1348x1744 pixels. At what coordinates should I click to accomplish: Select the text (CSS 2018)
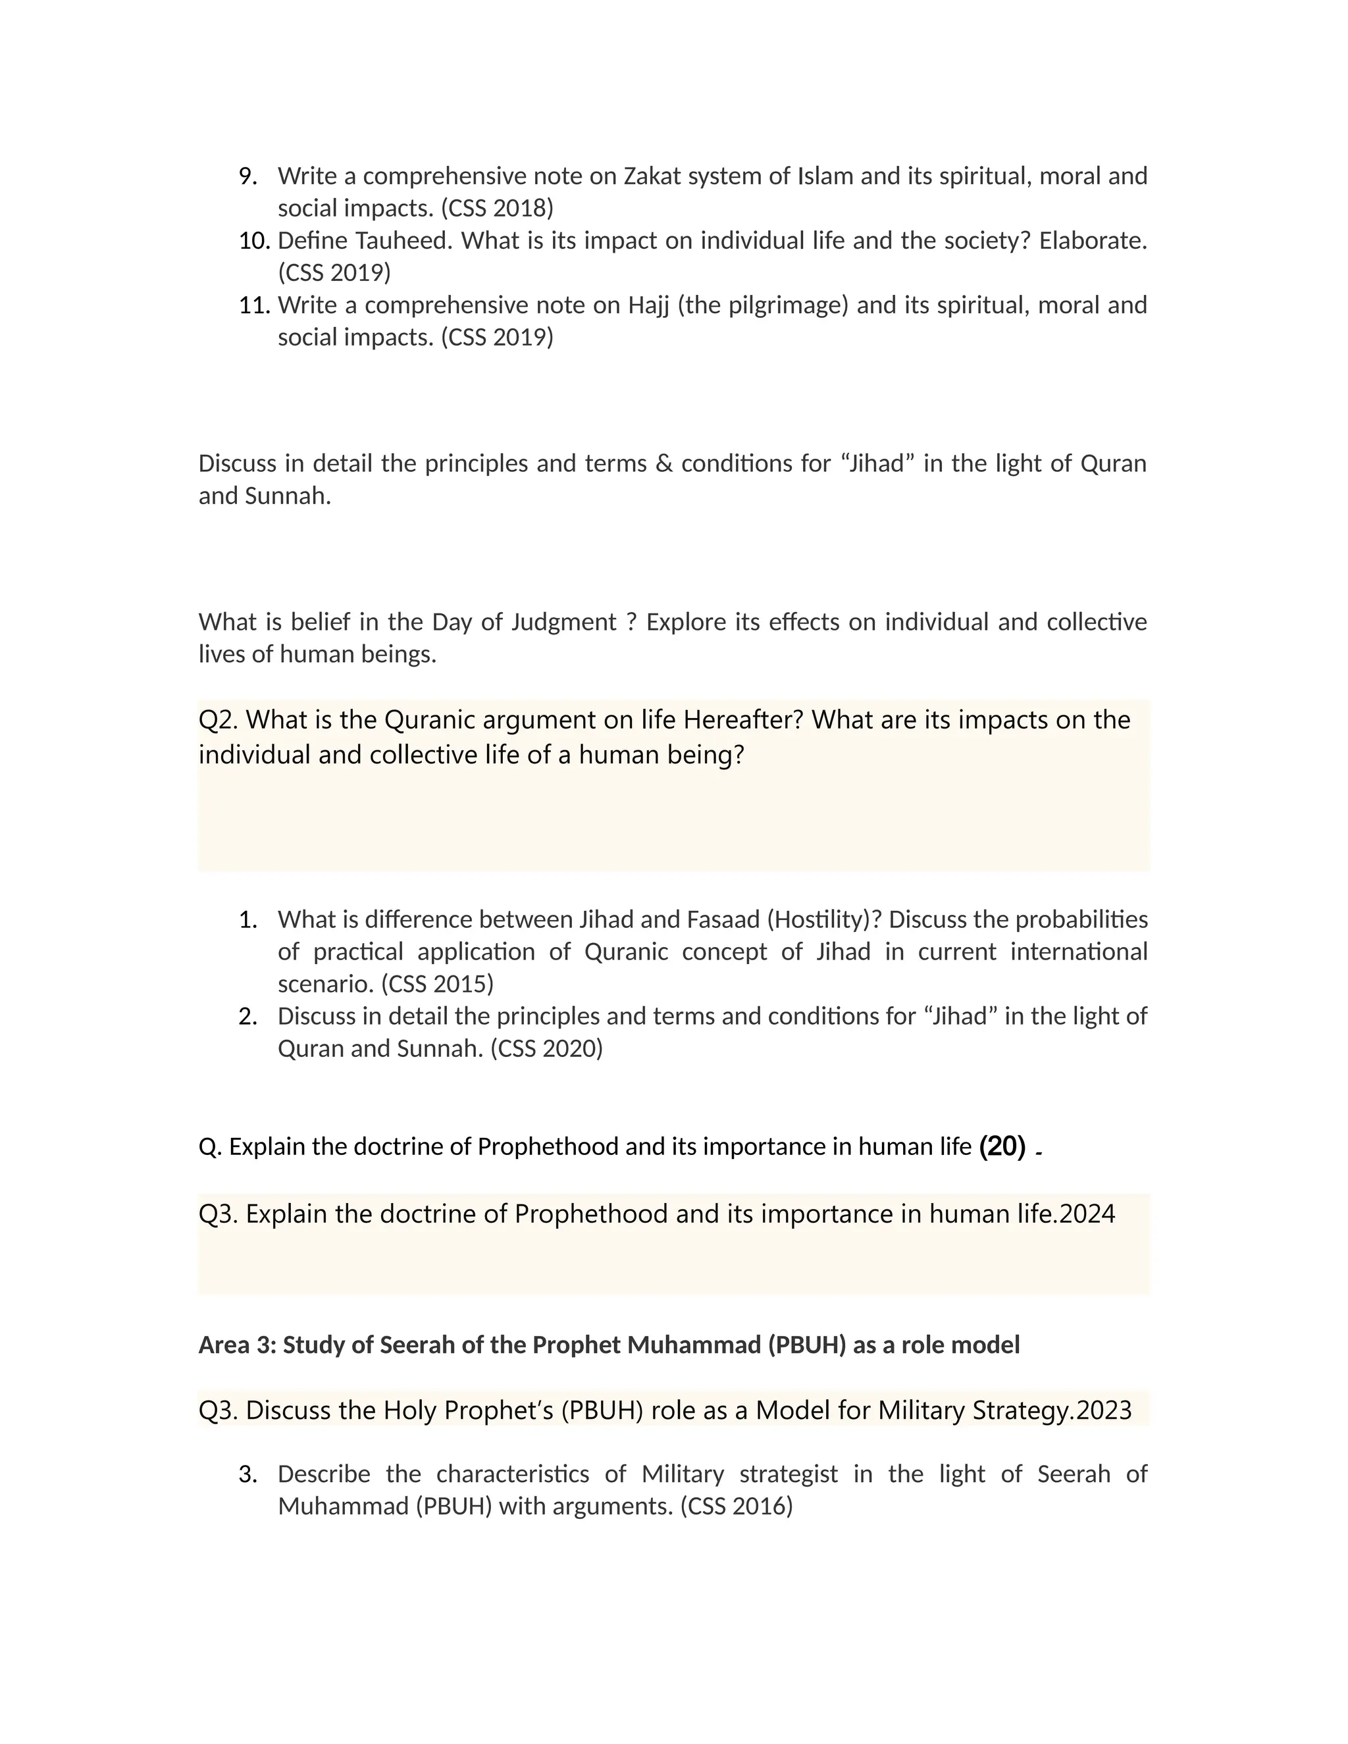pyautogui.click(x=497, y=209)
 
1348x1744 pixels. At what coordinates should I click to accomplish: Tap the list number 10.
pyautogui.click(x=254, y=240)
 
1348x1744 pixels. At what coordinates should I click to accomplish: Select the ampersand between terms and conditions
pyautogui.click(x=663, y=464)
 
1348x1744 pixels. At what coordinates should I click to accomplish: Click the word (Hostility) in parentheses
pyautogui.click(x=823, y=920)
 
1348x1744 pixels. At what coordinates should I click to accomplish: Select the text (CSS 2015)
pyautogui.click(x=438, y=985)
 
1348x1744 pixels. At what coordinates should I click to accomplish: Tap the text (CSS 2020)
pyautogui.click(x=546, y=1048)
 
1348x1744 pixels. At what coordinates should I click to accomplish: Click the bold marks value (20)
pyautogui.click(x=1002, y=1146)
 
